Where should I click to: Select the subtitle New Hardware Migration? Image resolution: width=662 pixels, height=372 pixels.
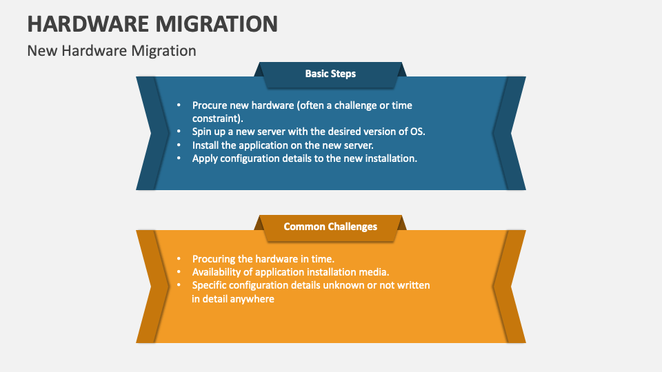coord(112,51)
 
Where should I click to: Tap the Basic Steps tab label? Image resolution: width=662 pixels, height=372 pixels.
coord(330,74)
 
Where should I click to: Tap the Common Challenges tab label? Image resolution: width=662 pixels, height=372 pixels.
coord(330,227)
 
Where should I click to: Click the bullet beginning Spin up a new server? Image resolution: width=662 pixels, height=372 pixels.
coord(308,131)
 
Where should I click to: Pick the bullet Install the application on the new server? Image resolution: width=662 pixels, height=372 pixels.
coord(282,145)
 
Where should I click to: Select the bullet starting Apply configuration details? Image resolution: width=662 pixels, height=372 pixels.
coord(304,158)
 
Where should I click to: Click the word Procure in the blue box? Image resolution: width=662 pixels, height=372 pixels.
coord(210,105)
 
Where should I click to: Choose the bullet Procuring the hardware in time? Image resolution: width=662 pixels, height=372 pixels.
coord(263,259)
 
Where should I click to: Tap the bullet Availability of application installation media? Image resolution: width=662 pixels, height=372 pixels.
coord(290,272)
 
